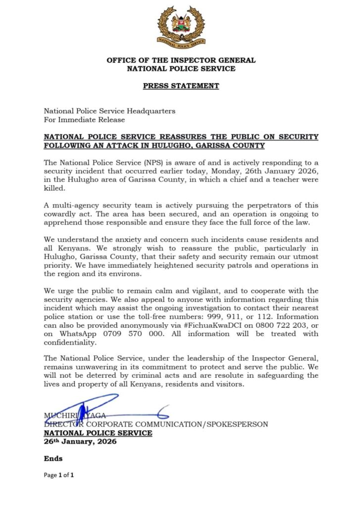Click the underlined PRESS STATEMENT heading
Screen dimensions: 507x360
tap(181, 86)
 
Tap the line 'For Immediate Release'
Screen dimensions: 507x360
tap(84, 119)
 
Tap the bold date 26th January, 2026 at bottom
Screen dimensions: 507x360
tap(80, 441)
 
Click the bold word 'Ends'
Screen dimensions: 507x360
tap(53, 459)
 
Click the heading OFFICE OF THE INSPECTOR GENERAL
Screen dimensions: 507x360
tap(181, 60)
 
